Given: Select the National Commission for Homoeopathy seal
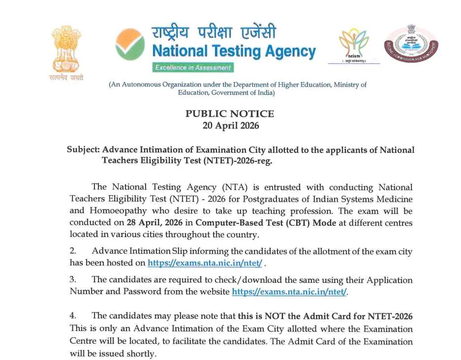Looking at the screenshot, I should [x=411, y=44].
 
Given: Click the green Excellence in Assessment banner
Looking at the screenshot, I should [x=192, y=67].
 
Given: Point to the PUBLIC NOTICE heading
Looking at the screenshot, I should [x=230, y=114].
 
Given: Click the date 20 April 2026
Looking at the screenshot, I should [x=230, y=125].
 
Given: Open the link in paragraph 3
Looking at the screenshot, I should [x=289, y=292].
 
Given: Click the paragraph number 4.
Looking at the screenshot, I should [x=73, y=316].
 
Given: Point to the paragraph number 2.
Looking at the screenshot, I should [x=73, y=252].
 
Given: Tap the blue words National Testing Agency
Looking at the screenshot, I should [x=234, y=51].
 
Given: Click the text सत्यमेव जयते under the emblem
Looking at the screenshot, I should [x=66, y=78].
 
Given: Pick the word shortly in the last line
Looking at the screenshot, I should [x=142, y=354].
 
